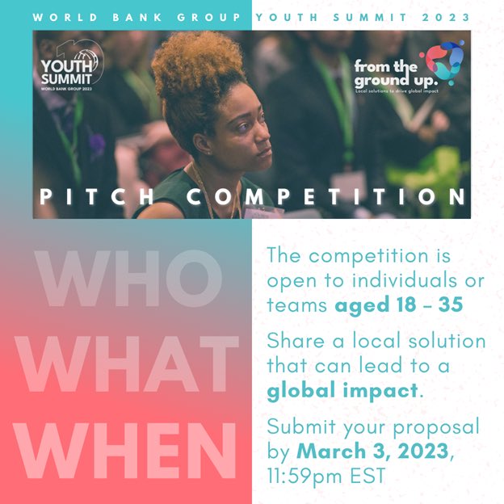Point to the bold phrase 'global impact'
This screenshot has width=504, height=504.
click(343, 392)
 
